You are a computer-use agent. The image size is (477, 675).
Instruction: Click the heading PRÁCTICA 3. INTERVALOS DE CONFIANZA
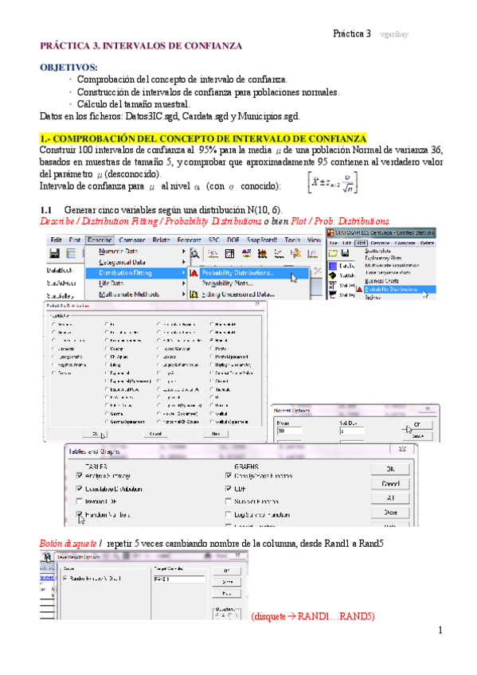click(x=141, y=47)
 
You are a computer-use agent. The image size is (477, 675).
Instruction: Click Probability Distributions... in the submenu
click(x=237, y=272)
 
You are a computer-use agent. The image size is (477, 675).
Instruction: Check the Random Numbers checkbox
click(x=81, y=515)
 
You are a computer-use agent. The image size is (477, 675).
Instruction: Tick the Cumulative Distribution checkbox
click(x=81, y=488)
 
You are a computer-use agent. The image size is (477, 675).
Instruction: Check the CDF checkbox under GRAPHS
click(x=229, y=488)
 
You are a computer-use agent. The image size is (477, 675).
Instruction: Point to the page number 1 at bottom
click(x=439, y=630)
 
